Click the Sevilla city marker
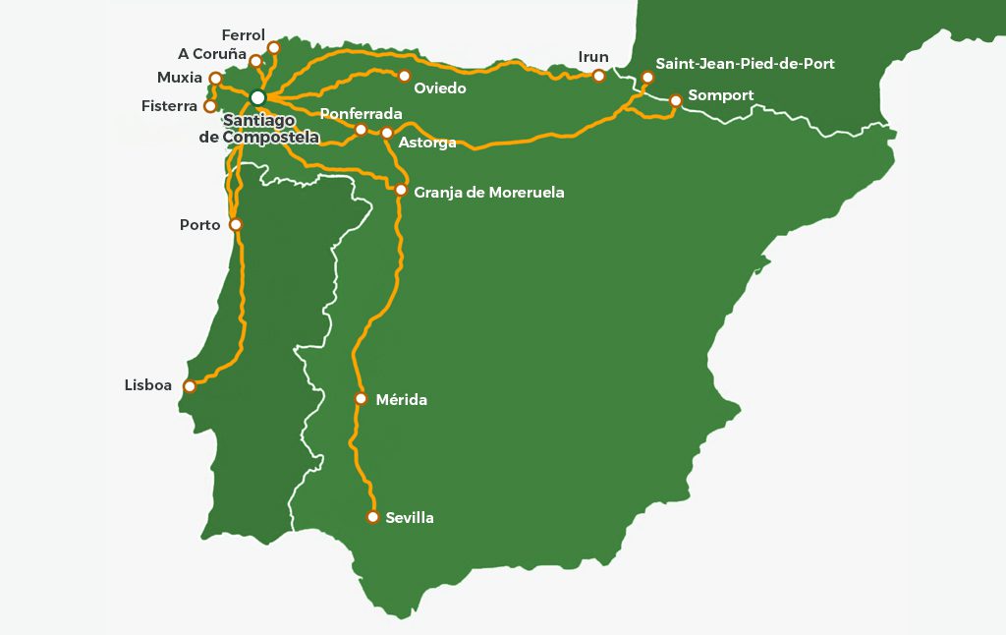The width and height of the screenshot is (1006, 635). click(x=372, y=517)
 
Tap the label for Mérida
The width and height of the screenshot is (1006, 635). click(x=402, y=400)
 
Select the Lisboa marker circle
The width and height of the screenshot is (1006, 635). click(x=190, y=386)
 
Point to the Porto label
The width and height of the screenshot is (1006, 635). click(x=200, y=225)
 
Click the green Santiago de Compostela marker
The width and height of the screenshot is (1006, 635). click(x=257, y=97)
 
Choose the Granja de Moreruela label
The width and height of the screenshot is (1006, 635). click(x=489, y=193)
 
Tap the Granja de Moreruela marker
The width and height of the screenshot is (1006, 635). click(x=401, y=190)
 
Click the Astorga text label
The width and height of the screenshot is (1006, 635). click(x=427, y=144)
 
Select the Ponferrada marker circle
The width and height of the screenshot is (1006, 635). click(x=361, y=130)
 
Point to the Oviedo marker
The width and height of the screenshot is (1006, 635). click(x=404, y=76)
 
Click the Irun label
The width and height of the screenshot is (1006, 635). click(x=593, y=57)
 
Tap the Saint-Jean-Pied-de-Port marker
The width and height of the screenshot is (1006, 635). click(x=647, y=77)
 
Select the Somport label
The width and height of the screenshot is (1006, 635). click(x=721, y=95)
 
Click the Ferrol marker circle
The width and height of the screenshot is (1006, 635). click(x=273, y=47)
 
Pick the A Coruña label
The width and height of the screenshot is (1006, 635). click(x=212, y=54)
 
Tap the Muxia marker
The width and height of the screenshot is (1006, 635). click(x=215, y=78)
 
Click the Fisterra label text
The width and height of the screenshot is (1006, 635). click(x=169, y=106)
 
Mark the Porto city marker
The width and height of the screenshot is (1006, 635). click(x=235, y=224)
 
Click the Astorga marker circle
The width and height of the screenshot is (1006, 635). click(x=387, y=133)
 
